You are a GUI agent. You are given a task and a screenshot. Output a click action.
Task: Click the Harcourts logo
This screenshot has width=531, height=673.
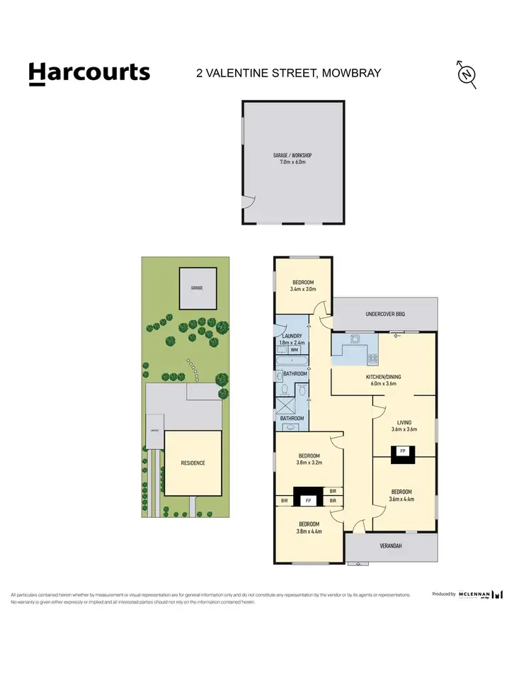pyautogui.click(x=89, y=73)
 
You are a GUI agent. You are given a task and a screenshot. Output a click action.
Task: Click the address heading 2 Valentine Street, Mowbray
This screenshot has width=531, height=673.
pyautogui.click(x=289, y=72)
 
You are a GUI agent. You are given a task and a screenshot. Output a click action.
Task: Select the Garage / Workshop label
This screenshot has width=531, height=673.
pyautogui.click(x=292, y=155)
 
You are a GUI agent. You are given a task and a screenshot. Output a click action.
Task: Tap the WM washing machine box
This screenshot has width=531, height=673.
pyautogui.click(x=293, y=350)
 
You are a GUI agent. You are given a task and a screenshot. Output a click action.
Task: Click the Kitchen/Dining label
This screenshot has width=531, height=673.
pyautogui.click(x=383, y=377)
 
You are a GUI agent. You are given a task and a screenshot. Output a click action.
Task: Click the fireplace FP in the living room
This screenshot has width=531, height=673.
pyautogui.click(x=403, y=451)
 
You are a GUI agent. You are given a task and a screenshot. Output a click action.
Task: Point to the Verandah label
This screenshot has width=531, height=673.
pyautogui.click(x=391, y=546)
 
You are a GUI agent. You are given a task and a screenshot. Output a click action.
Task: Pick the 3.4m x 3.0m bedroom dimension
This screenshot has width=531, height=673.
pyautogui.click(x=302, y=289)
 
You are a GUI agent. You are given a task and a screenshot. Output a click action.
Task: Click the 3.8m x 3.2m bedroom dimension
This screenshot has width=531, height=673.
pyautogui.click(x=309, y=463)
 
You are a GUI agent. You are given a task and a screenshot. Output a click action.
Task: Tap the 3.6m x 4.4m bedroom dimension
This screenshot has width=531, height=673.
pyautogui.click(x=401, y=499)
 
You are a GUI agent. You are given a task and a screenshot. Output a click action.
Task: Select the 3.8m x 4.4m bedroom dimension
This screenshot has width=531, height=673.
pyautogui.click(x=309, y=531)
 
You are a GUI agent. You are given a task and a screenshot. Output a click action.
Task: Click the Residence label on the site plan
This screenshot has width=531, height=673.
pyautogui.click(x=193, y=463)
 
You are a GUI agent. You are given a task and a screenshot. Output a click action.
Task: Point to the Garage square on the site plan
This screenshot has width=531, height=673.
pyautogui.click(x=196, y=288)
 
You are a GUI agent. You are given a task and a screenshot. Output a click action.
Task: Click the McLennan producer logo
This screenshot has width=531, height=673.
pyautogui.click(x=481, y=594)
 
